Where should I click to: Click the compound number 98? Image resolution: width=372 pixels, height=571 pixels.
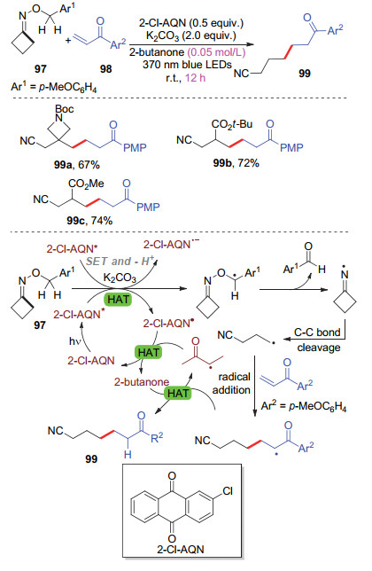click(x=105, y=69)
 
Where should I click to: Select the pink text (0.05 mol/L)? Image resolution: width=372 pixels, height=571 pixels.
click(x=216, y=52)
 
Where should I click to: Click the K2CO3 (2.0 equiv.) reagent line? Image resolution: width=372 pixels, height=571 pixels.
click(x=191, y=35)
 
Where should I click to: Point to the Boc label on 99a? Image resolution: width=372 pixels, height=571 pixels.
click(x=65, y=108)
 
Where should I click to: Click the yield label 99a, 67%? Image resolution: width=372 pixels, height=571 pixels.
click(x=77, y=165)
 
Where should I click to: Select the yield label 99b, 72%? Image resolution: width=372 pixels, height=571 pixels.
click(x=236, y=163)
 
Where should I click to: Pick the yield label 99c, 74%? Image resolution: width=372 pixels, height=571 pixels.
click(x=89, y=221)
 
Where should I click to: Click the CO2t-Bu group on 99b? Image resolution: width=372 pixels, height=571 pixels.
click(x=232, y=124)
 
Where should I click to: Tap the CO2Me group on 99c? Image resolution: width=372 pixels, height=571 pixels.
click(x=86, y=184)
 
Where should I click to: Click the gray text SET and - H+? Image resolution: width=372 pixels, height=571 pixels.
click(x=120, y=261)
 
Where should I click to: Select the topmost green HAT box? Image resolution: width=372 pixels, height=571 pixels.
click(x=118, y=300)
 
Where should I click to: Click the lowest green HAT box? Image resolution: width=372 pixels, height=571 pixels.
click(x=178, y=393)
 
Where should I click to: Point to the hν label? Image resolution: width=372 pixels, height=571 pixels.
click(x=74, y=341)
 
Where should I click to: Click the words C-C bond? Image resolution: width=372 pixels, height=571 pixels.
click(x=317, y=332)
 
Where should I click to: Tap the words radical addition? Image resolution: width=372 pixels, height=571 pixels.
click(x=232, y=383)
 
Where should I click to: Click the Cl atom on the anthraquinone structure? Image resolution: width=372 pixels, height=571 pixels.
click(x=228, y=491)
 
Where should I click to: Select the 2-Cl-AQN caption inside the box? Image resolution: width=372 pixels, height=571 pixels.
click(x=181, y=549)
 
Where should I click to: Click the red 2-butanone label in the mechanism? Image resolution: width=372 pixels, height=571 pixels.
click(x=142, y=381)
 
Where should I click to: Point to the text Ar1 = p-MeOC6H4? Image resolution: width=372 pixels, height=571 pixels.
click(x=54, y=88)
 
